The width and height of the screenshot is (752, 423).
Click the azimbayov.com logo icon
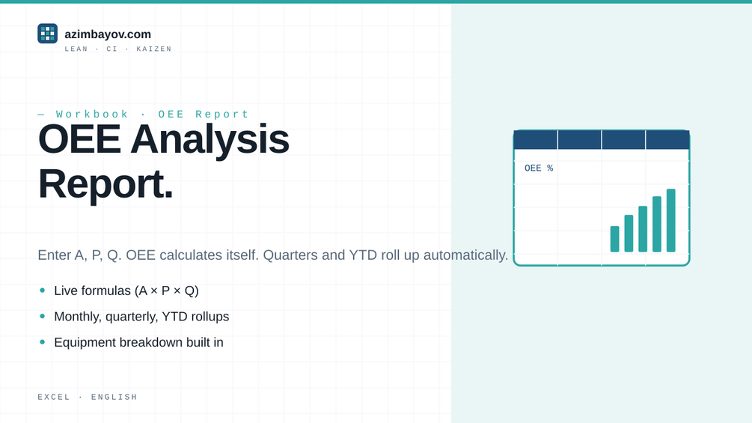click(47, 34)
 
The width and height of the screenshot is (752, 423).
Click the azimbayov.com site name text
click(108, 34)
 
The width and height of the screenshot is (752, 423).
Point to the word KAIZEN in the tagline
click(154, 49)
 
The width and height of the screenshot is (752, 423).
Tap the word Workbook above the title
click(92, 114)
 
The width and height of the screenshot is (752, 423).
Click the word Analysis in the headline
click(210, 139)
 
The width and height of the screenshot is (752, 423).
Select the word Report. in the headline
click(106, 183)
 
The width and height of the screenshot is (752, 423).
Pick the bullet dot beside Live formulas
click(43, 290)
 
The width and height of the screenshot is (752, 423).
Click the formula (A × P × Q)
click(167, 290)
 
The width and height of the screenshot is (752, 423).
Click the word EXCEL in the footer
click(54, 397)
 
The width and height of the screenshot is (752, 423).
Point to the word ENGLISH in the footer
click(114, 397)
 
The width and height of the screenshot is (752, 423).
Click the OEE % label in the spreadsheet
click(539, 168)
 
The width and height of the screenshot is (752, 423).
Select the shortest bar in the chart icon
click(615, 239)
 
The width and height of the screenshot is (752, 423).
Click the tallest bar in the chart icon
click(671, 220)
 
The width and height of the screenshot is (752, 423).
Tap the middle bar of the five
click(643, 229)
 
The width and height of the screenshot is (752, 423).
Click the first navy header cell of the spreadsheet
click(536, 139)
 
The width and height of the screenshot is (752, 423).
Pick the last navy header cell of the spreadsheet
click(667, 139)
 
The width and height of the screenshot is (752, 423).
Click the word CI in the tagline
click(111, 49)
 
